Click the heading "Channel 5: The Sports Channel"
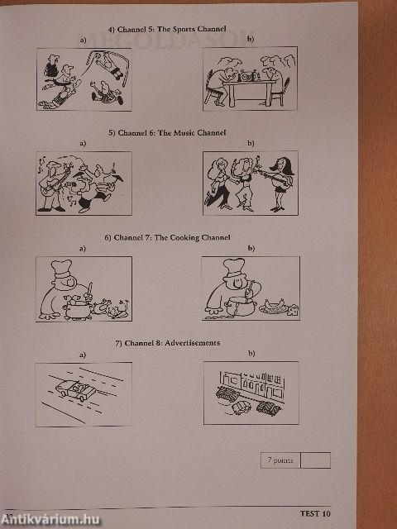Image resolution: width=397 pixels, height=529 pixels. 171,29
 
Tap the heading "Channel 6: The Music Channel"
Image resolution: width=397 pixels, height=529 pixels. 171,132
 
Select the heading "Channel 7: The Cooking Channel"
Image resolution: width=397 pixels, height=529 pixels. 172,237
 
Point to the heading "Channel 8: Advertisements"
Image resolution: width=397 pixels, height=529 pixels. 172,343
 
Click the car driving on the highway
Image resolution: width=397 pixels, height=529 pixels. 75,389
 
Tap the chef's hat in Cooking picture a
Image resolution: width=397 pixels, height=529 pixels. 61,269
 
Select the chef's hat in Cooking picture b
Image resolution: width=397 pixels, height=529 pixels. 234,267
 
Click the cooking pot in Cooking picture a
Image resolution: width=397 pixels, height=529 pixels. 78,310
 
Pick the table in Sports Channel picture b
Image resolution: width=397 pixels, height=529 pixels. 250,90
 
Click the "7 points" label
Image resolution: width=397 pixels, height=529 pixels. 280,460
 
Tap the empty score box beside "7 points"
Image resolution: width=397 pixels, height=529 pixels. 315,460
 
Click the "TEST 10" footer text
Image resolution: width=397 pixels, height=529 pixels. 315,514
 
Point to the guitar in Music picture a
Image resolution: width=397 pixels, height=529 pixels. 54,183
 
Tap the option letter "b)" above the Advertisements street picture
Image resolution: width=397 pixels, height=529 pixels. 251,354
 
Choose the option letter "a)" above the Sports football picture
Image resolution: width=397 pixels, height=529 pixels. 83,41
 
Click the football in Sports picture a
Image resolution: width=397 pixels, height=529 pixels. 98,55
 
